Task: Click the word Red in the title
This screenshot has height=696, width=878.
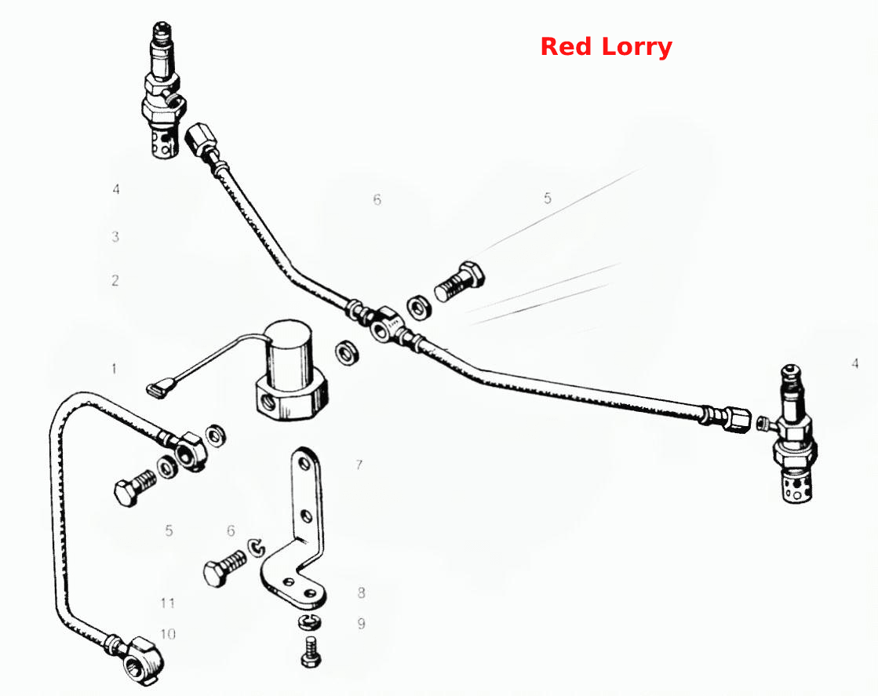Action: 566,46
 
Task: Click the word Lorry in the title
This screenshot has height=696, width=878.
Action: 636,48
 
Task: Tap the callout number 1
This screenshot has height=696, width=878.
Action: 114,369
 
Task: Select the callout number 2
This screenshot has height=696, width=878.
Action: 115,280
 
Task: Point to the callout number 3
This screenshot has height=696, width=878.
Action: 115,236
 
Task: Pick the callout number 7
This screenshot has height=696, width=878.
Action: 359,465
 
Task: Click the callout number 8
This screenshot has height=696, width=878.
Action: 361,592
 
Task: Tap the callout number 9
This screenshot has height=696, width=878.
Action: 361,623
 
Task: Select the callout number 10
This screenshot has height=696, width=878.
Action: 168,634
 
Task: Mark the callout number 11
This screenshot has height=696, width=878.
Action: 167,603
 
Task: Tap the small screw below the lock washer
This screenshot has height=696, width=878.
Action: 311,652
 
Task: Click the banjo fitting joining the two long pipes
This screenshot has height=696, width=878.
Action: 384,324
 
